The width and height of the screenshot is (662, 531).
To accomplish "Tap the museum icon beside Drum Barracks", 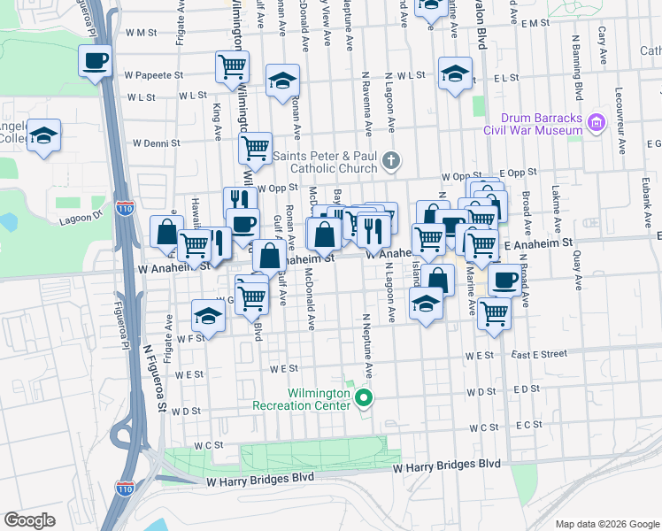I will coord(596,122).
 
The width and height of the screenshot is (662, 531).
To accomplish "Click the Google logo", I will coord(29,519).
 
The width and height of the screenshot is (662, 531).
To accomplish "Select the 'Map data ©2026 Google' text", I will coord(606,523).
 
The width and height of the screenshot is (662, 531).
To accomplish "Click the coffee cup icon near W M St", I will coord(95,61).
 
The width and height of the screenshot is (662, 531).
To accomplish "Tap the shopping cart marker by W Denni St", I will coord(255,148).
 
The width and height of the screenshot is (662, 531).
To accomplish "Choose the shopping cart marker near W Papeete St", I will coord(232,65).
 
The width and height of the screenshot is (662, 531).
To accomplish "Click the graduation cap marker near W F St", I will coord(208,315).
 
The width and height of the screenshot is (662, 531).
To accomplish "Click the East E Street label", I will coord(538,354).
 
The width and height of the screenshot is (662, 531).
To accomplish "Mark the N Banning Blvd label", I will coord(575,68).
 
